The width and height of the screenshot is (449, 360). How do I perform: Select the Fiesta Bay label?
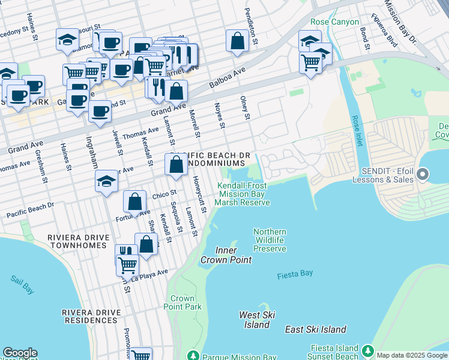295,275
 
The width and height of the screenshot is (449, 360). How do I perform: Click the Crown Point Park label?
182,302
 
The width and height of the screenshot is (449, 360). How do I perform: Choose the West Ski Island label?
257,320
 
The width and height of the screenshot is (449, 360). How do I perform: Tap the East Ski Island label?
316,329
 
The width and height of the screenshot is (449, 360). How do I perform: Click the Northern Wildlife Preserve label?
270,240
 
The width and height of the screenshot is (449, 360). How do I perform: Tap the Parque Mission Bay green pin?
193,356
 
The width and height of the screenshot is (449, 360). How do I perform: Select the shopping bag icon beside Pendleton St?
238,41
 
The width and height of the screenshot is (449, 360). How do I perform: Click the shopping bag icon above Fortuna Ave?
135,202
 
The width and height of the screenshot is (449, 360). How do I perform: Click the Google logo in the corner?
20,353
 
